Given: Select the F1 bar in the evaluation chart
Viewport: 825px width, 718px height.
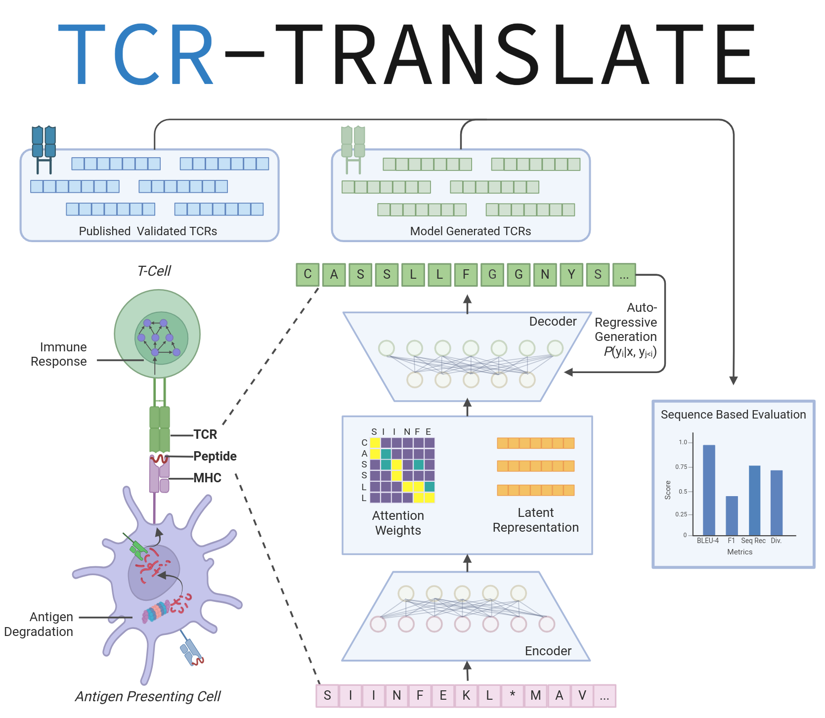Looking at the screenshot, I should point(732,515).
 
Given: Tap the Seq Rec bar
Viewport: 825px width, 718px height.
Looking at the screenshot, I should point(754,500).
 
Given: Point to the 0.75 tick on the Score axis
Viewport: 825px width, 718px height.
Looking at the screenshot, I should point(682,467).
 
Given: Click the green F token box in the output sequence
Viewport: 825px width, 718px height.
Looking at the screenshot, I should point(466,275).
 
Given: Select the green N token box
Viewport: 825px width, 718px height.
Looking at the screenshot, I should point(545,275).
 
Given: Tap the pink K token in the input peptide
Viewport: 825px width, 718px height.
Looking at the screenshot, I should point(466,696).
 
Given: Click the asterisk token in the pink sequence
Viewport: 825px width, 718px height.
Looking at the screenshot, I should point(513,696).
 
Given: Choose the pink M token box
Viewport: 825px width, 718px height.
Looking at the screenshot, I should point(535,696).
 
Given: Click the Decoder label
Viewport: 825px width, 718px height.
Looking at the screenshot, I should point(553,322).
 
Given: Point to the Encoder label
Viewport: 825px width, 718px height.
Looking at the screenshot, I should point(548,651).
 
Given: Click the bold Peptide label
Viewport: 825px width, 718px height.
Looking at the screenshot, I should point(215,456).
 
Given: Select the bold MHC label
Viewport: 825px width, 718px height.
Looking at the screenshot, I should point(208,478).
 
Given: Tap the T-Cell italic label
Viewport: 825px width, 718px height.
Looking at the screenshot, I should point(154,271).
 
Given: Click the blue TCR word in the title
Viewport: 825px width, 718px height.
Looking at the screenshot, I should point(136,54).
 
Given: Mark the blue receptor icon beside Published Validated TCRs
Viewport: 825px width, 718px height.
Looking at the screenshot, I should point(43,148).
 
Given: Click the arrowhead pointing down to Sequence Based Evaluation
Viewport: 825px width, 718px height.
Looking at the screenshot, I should point(734,380).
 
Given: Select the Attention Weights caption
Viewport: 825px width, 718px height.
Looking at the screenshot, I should point(398,523).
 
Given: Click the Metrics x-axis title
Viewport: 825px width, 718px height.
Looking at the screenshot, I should point(739,552).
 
